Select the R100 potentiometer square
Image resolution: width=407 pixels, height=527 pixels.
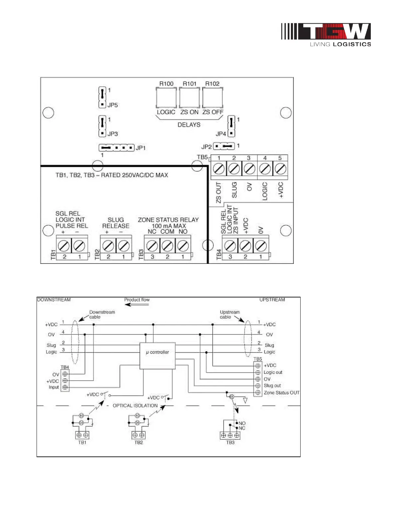(x=166, y=97)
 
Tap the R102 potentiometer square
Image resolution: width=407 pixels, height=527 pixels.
(x=212, y=97)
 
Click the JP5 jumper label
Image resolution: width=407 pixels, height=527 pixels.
(x=113, y=105)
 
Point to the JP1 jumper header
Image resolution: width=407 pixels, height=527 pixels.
(x=116, y=147)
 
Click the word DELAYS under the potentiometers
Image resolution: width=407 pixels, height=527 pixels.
(x=189, y=125)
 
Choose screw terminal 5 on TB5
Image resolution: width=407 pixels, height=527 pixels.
(x=280, y=169)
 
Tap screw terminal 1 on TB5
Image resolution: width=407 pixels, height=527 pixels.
(x=219, y=169)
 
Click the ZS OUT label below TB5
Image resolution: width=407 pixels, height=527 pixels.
(x=218, y=193)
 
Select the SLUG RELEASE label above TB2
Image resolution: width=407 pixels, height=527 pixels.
(x=116, y=223)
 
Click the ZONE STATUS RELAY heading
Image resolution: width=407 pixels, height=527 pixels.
(x=168, y=220)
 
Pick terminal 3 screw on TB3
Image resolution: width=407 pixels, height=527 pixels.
(x=152, y=246)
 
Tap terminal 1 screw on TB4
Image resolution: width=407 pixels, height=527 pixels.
(x=260, y=246)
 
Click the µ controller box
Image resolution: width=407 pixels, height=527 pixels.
(x=157, y=355)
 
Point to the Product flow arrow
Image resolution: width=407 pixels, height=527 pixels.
(x=137, y=304)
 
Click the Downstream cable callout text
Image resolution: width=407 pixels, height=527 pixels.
(x=102, y=314)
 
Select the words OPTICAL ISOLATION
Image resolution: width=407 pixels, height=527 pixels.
(x=135, y=406)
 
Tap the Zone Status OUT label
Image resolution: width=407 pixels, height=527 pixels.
(x=282, y=393)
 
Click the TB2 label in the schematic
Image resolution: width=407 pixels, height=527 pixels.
(x=139, y=442)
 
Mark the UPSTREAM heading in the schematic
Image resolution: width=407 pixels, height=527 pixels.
(x=272, y=300)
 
